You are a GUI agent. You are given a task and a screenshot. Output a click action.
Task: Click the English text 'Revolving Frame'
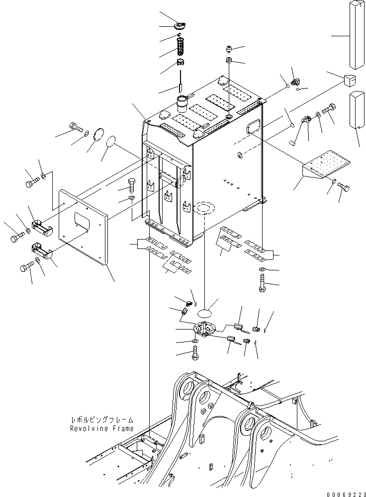click(101, 428)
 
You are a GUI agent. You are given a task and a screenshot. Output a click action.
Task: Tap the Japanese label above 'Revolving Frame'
click(101, 420)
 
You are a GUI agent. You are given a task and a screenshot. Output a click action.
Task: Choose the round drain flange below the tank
click(203, 330)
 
